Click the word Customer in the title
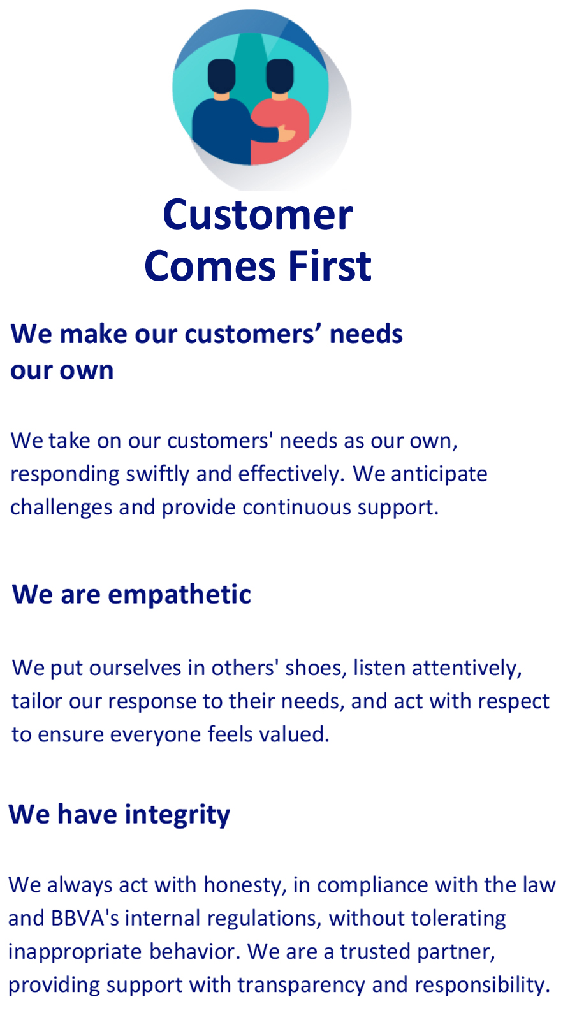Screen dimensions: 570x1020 click(258, 214)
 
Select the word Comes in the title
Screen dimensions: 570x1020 click(210, 266)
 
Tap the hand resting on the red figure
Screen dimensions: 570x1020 click(286, 134)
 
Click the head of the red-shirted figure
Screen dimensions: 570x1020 click(279, 76)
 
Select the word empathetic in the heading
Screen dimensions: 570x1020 click(179, 595)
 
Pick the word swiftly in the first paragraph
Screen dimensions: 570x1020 click(157, 474)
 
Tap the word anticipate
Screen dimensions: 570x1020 click(439, 474)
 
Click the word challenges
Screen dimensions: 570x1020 click(61, 507)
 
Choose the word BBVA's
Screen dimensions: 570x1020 click(85, 919)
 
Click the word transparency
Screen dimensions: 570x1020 click(302, 986)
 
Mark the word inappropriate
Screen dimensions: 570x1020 click(76, 952)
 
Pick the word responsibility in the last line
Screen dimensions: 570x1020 click(483, 986)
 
